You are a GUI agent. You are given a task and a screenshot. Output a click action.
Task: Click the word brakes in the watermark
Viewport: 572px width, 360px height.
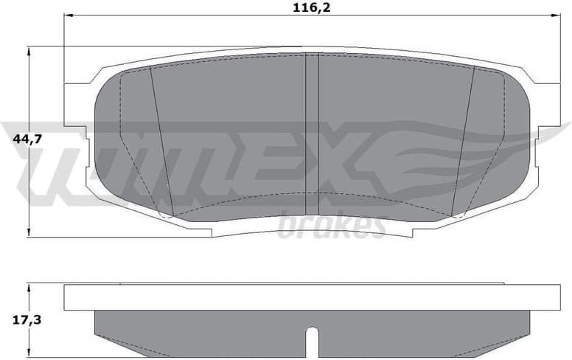331,224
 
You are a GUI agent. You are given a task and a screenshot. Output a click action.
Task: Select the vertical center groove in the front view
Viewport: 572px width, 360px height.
312,133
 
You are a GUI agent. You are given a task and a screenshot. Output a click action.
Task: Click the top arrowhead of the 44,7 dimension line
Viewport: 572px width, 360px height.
29,51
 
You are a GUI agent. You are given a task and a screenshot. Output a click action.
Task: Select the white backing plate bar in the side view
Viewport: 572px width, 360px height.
312,297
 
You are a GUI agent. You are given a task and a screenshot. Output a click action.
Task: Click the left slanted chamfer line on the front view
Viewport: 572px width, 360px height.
161,140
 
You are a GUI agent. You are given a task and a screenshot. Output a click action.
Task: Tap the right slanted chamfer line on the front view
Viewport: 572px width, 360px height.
462,140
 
